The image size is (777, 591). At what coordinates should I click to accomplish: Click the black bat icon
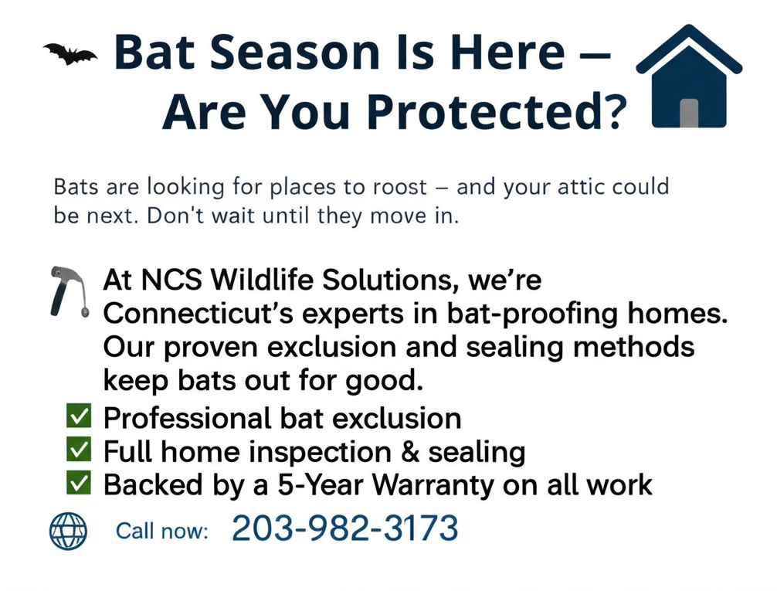click(x=70, y=54)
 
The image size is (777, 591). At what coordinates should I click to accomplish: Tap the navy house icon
click(x=689, y=76)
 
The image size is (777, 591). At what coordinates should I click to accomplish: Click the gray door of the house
click(x=689, y=113)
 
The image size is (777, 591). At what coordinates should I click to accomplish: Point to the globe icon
click(x=69, y=531)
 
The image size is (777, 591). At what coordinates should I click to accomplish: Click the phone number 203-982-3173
click(x=345, y=528)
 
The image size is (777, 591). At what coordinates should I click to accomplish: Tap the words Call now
click(x=161, y=532)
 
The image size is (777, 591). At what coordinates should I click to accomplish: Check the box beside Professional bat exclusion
click(x=79, y=416)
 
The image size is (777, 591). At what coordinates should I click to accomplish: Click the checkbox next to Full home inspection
click(x=79, y=449)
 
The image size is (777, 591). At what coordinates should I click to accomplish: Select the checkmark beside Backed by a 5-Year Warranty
click(x=79, y=482)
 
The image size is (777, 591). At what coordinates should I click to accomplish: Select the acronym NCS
click(x=171, y=280)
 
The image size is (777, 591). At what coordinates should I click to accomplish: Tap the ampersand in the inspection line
click(x=409, y=452)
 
